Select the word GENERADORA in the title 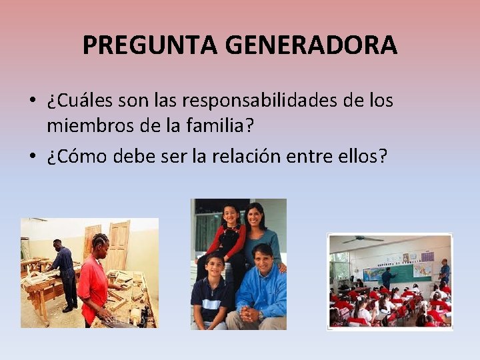pyautogui.click(x=311, y=45)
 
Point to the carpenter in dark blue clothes pyautogui.click(x=65, y=273)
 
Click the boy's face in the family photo pyautogui.click(x=214, y=266)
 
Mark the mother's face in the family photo pyautogui.click(x=255, y=216)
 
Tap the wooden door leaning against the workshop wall pyautogui.click(x=118, y=243)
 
